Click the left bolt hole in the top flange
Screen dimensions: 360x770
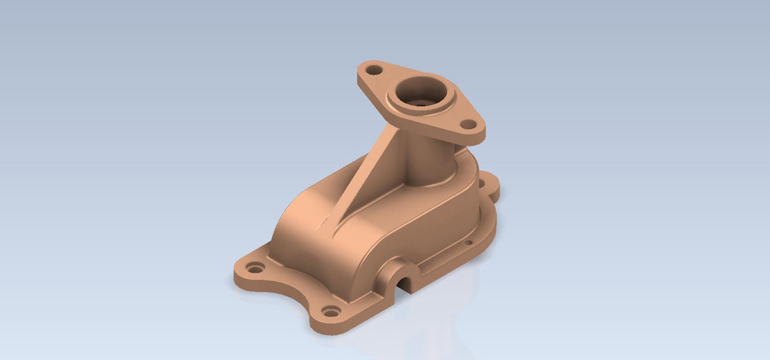[x=372, y=70]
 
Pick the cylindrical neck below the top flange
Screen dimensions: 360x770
[x=429, y=164]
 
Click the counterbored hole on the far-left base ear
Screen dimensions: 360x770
[x=255, y=268]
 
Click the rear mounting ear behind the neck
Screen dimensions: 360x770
[x=490, y=187]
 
